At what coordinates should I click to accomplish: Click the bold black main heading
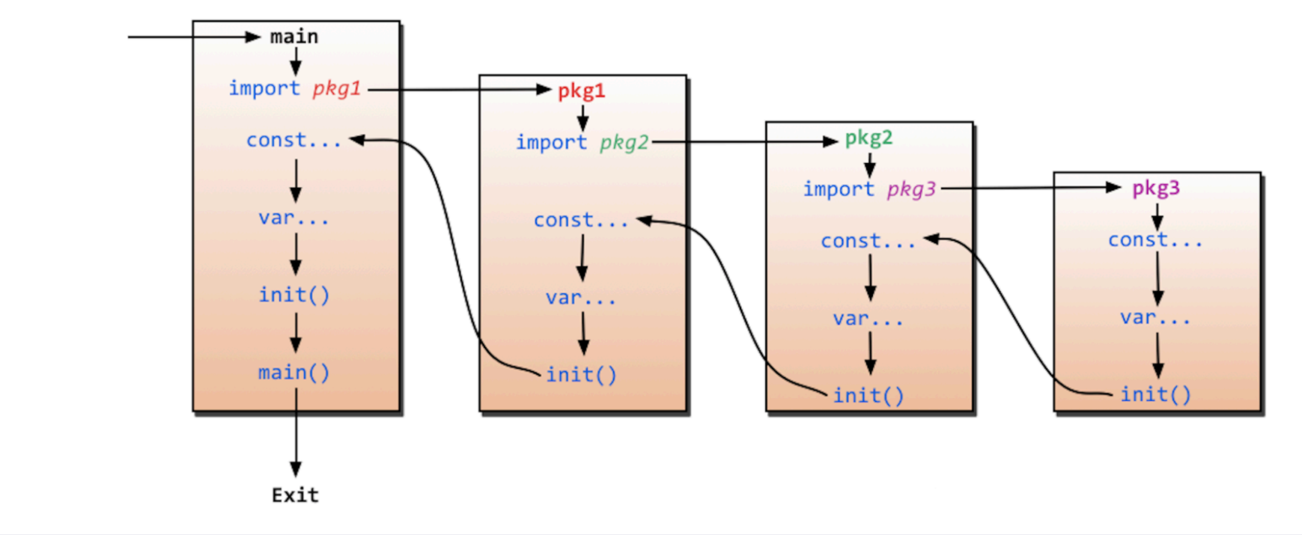pyautogui.click(x=293, y=37)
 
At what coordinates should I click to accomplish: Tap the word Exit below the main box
pyautogui.click(x=295, y=495)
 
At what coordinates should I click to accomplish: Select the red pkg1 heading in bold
pyautogui.click(x=581, y=91)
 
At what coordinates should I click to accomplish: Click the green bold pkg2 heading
pyautogui.click(x=868, y=138)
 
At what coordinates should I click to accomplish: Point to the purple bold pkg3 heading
pyautogui.click(x=1156, y=189)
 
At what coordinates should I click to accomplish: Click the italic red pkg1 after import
pyautogui.click(x=337, y=89)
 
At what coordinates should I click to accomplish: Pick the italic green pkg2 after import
pyautogui.click(x=624, y=143)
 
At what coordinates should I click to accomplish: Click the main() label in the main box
pyautogui.click(x=294, y=373)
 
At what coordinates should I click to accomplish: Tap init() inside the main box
pyautogui.click(x=294, y=295)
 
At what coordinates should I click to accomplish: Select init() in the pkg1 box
pyautogui.click(x=582, y=375)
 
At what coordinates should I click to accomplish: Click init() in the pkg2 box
pyautogui.click(x=868, y=395)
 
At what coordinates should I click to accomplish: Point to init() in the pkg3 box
pyautogui.click(x=1156, y=394)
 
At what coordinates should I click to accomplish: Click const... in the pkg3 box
pyautogui.click(x=1155, y=240)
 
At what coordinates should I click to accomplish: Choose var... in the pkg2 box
pyautogui.click(x=868, y=319)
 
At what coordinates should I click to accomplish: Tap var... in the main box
pyautogui.click(x=293, y=218)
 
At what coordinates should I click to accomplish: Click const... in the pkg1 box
pyautogui.click(x=581, y=221)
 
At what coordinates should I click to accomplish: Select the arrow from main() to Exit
pyautogui.click(x=296, y=432)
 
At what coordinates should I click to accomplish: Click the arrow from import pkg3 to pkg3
pyautogui.click(x=1031, y=188)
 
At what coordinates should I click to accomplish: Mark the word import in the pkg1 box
pyautogui.click(x=552, y=142)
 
